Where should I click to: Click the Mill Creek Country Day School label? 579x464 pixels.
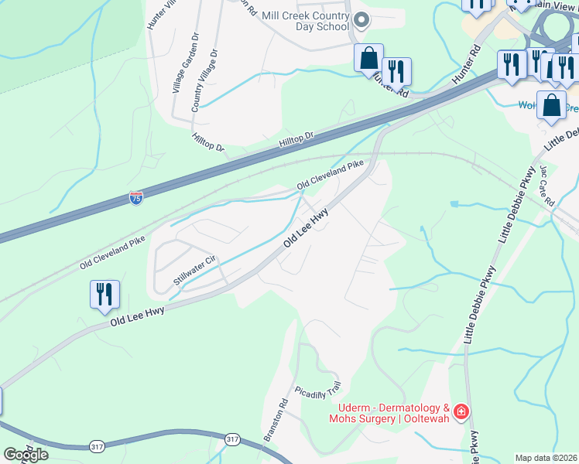point(306,21)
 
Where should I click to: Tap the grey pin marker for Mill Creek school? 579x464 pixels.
point(360,21)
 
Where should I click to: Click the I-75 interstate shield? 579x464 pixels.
point(136,199)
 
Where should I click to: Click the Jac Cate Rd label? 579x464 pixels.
point(548,185)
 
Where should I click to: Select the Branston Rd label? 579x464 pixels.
point(276,419)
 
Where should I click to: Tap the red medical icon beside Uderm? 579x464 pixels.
point(461,411)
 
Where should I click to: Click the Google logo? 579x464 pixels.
point(26,454)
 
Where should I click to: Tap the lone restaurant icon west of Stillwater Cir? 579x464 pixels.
point(104,295)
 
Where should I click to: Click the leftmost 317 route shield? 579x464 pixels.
point(97,446)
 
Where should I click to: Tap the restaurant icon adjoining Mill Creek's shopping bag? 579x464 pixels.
point(396,71)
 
